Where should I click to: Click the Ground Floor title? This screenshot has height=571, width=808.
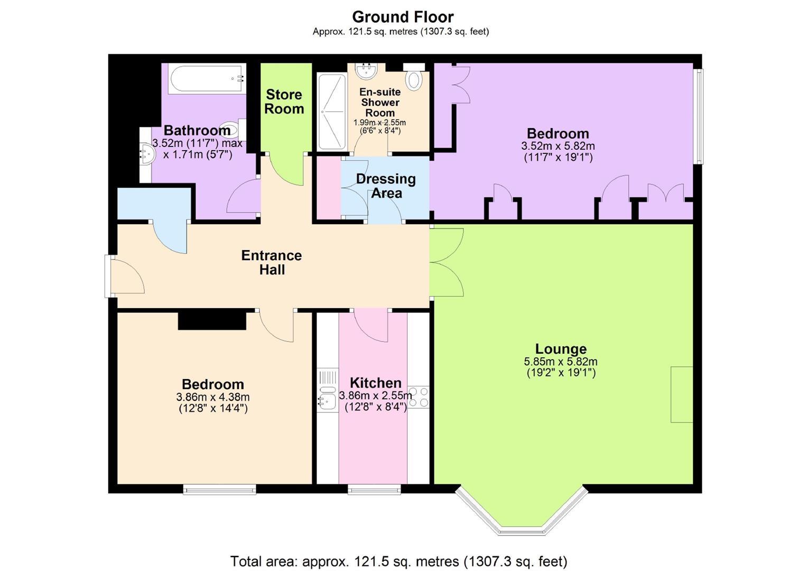coord(403,17)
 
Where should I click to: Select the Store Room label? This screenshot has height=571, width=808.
coord(284,102)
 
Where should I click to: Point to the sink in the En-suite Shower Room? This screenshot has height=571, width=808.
coord(366,71)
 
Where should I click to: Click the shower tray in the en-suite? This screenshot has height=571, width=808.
coord(332,112)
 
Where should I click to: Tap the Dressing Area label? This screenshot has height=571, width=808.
coord(386,186)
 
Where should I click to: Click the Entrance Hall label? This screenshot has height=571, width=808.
coord(272,262)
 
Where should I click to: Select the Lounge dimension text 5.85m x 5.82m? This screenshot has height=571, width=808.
coord(561,361)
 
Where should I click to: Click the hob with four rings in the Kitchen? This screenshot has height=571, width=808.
coord(419,397)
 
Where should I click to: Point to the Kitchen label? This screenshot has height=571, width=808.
coord(376,383)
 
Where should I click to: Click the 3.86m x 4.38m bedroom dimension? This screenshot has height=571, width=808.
coord(213,397)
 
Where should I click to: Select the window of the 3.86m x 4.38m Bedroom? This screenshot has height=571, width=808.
coord(219,489)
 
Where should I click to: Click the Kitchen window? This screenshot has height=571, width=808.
coord(374,489)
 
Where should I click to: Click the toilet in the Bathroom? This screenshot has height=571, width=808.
coord(233,130)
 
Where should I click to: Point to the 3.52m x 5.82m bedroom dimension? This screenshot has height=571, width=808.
coord(558,146)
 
